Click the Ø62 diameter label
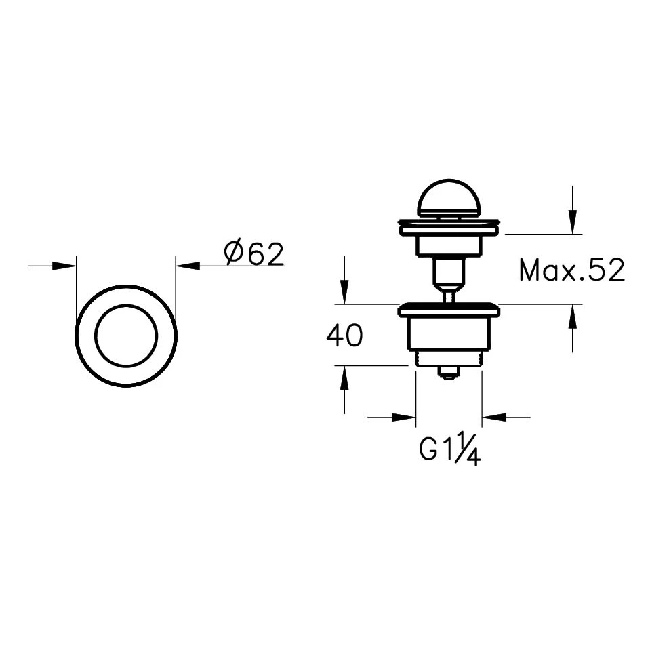click(x=253, y=253)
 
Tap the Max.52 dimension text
click(x=571, y=270)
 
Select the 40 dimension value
click(x=344, y=336)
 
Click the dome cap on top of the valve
click(x=449, y=198)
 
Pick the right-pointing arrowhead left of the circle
click(x=64, y=266)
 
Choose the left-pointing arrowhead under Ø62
click(x=187, y=266)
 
